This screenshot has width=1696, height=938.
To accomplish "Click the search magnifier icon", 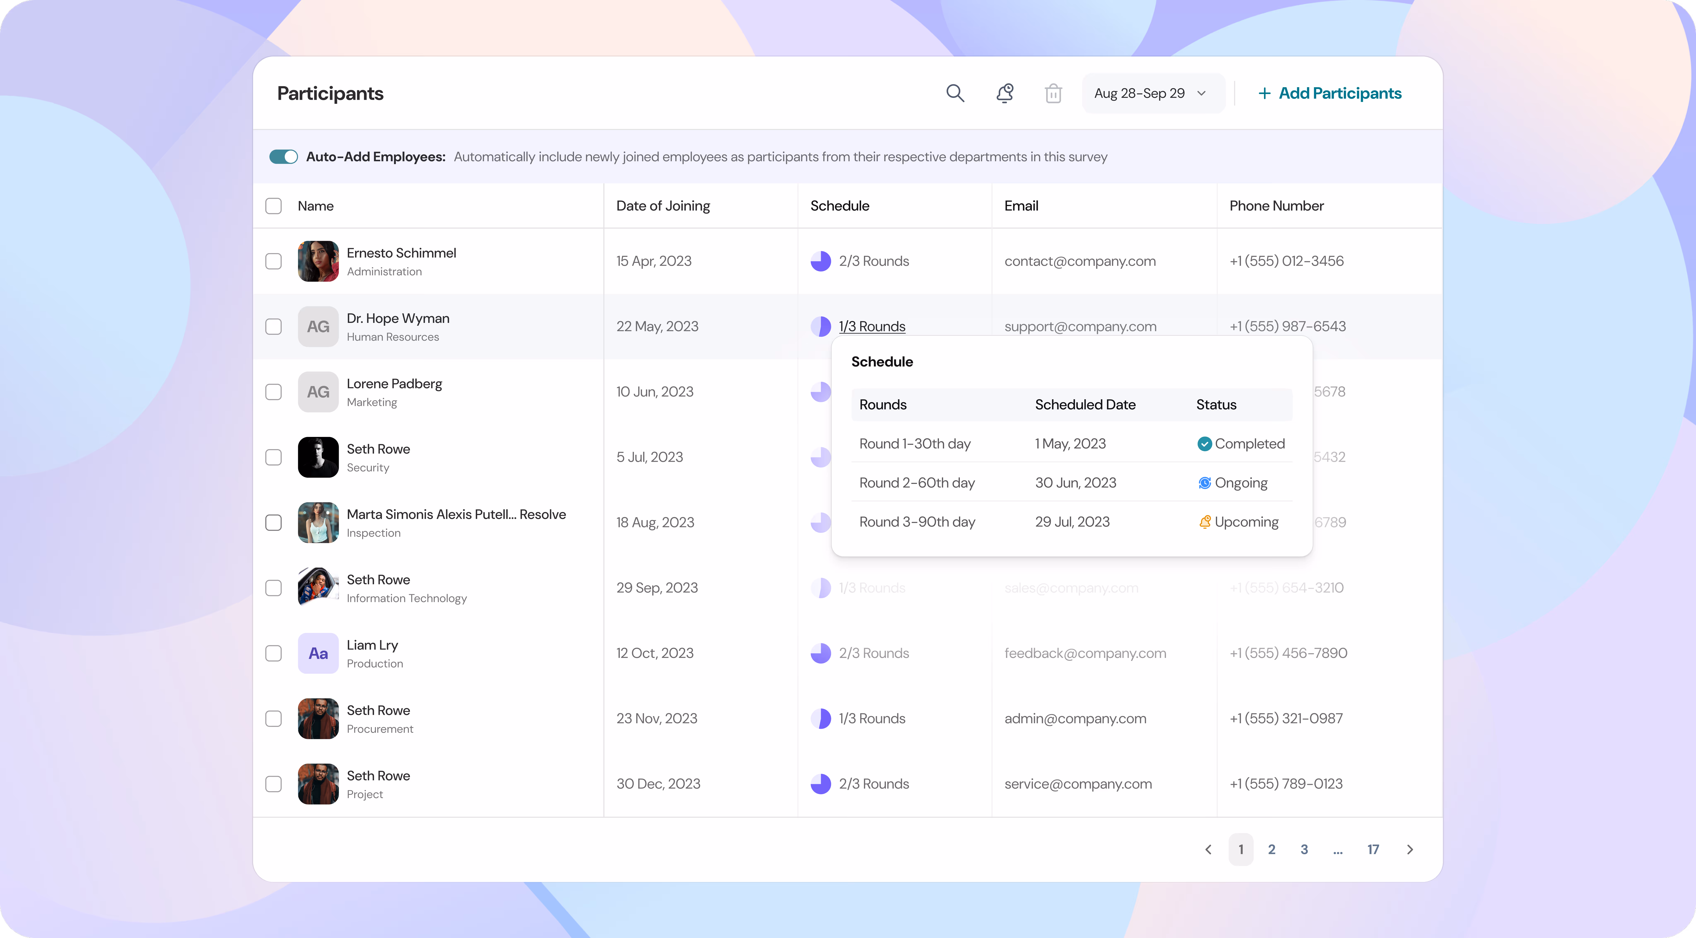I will [x=955, y=94].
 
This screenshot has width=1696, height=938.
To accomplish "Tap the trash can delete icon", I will [x=1053, y=94].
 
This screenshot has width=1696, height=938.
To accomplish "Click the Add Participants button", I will [x=1330, y=94].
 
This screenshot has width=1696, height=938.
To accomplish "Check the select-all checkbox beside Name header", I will [x=273, y=206].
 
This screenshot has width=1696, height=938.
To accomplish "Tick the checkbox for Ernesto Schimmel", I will [x=273, y=261].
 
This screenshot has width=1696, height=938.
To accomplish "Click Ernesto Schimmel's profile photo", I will [x=318, y=261].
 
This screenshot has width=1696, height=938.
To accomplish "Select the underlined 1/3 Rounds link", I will [x=872, y=326].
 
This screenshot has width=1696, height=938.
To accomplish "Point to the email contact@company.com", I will [x=1080, y=261].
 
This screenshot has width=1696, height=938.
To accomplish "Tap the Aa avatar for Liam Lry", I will [x=318, y=653].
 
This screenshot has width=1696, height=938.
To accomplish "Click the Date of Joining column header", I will [x=663, y=206].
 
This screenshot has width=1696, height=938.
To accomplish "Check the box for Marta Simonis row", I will [x=273, y=523].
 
